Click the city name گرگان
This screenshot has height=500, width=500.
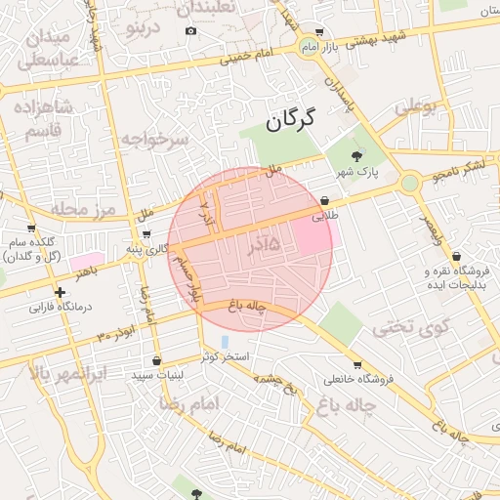click(x=291, y=122)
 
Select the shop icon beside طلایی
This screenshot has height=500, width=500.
click(x=323, y=202)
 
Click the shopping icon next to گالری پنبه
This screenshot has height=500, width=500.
click(x=146, y=234)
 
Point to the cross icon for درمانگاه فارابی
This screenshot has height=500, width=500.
click(x=61, y=292)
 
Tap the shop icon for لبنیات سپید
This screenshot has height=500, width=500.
click(x=156, y=361)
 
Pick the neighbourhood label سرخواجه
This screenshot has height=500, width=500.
click(x=155, y=139)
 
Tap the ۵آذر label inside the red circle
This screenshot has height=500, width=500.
click(x=259, y=244)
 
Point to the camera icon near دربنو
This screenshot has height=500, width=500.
click(x=190, y=30)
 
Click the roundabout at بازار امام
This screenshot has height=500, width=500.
click(x=311, y=46)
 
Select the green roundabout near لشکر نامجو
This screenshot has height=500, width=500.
click(x=410, y=182)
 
